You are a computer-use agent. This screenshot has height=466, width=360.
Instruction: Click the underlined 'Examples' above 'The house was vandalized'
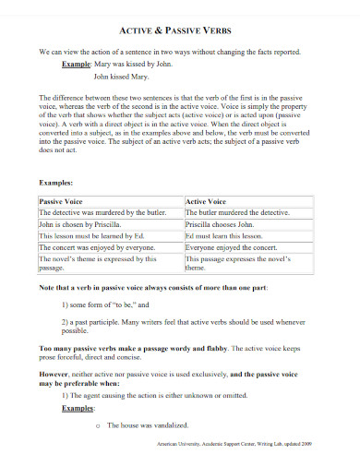79,407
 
